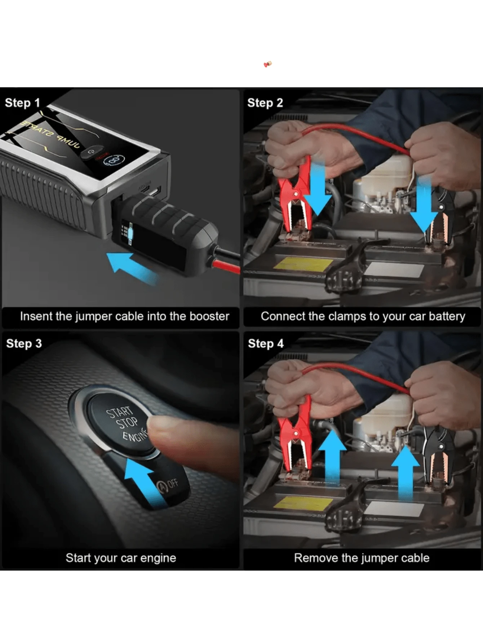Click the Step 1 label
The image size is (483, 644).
point(22,103)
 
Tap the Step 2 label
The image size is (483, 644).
point(265,103)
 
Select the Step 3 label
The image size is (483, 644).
point(24,343)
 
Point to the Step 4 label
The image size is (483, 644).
point(266,343)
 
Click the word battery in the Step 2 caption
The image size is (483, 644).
point(447,316)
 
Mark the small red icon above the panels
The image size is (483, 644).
point(268,64)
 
